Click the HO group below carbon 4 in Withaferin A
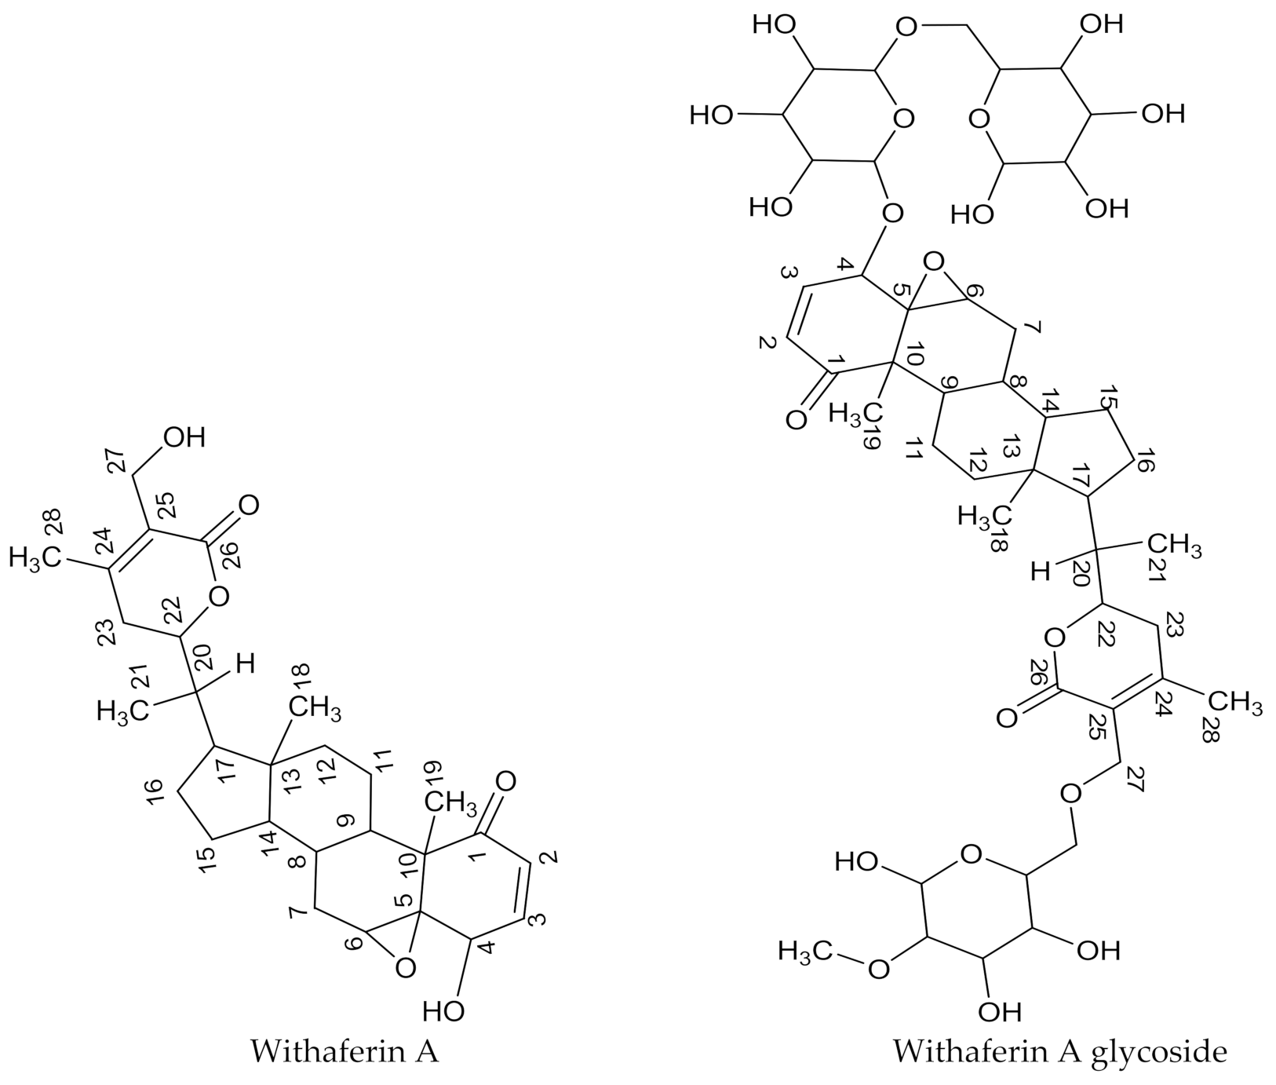pyautogui.click(x=443, y=1010)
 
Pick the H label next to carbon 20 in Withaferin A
pyautogui.click(x=246, y=665)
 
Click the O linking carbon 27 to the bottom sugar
pyautogui.click(x=1070, y=793)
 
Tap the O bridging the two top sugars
pyautogui.click(x=906, y=28)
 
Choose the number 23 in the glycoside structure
pyautogui.click(x=1174, y=623)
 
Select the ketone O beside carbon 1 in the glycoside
pyautogui.click(x=796, y=420)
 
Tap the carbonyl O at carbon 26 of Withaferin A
pyautogui.click(x=248, y=505)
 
